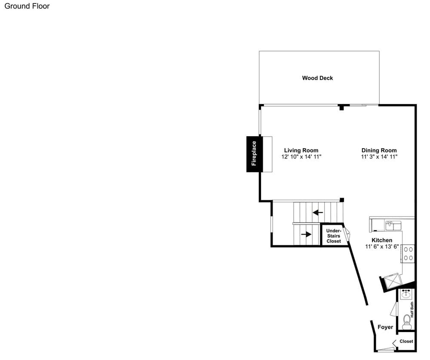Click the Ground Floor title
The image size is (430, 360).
coord(27,6)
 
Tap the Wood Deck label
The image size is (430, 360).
coord(317,78)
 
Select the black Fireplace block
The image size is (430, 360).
coord(255,154)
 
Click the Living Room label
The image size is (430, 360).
coord(301,150)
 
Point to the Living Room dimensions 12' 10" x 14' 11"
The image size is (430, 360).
coord(301,157)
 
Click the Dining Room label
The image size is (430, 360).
coord(379,150)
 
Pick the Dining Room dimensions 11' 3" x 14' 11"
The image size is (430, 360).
coord(379,157)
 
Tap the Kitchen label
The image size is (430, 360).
coord(382,240)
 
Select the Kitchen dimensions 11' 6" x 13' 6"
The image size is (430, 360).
coord(382,247)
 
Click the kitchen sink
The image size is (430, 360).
coord(393,226)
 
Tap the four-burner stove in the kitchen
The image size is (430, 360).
coord(408,254)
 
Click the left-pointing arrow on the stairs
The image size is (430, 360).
coord(318,212)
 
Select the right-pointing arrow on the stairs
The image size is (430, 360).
coord(306,234)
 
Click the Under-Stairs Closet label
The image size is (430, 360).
coord(334,236)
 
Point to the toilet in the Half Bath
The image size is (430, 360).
coord(406,322)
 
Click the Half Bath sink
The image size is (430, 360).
coord(405,294)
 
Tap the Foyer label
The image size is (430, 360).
coord(385,327)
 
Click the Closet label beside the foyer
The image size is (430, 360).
coord(406,342)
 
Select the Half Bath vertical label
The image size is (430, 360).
coord(412,310)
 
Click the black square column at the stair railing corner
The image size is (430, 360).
coord(342,200)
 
